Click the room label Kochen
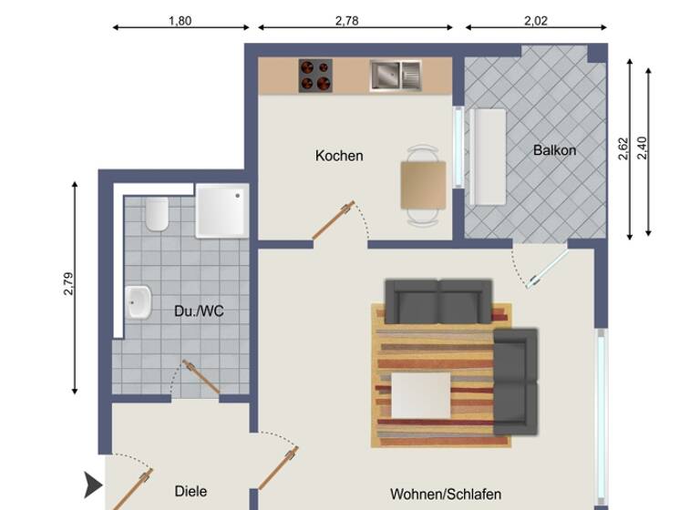[339, 156]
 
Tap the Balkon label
[554, 150]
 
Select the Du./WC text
[199, 311]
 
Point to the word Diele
[190, 491]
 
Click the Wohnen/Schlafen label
[446, 495]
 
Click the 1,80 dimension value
[180, 21]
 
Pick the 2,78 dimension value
[346, 21]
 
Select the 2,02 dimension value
[535, 21]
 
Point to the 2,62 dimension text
[623, 148]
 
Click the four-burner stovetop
[315, 75]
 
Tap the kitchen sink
[395, 75]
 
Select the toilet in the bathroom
[157, 214]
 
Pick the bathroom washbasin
[139, 301]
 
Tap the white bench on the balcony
[490, 158]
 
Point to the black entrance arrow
[93, 485]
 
